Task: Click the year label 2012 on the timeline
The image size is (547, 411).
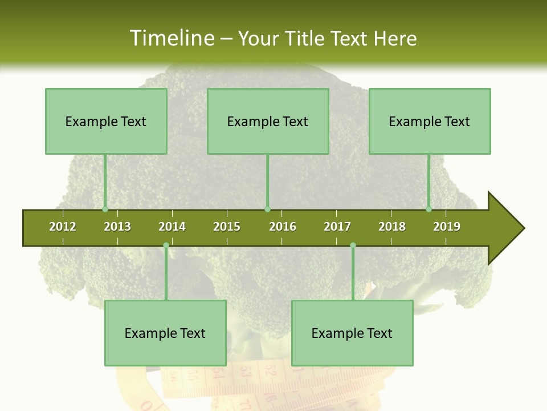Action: pyautogui.click(x=63, y=227)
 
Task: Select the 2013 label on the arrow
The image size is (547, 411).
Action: pyautogui.click(x=117, y=227)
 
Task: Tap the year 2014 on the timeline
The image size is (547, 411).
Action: pyautogui.click(x=172, y=227)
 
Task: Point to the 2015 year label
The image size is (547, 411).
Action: pyautogui.click(x=227, y=227)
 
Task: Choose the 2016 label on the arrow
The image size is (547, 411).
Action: pyautogui.click(x=283, y=227)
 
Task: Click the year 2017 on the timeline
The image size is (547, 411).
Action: pyautogui.click(x=337, y=227)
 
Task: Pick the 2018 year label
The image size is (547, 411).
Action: pyautogui.click(x=392, y=227)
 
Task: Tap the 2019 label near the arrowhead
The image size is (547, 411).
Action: pyautogui.click(x=447, y=227)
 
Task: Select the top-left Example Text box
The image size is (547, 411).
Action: pyautogui.click(x=106, y=121)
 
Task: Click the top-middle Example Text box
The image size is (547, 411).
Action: pyautogui.click(x=268, y=121)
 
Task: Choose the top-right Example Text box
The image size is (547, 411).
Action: pyautogui.click(x=430, y=121)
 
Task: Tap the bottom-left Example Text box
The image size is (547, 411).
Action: pyautogui.click(x=165, y=333)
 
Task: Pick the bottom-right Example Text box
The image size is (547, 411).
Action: pyautogui.click(x=352, y=333)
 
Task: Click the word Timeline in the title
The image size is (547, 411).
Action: pyautogui.click(x=171, y=38)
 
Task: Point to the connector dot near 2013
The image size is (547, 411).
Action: pyautogui.click(x=105, y=209)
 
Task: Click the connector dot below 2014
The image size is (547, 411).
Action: pyautogui.click(x=166, y=245)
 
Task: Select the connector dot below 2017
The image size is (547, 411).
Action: pyautogui.click(x=353, y=245)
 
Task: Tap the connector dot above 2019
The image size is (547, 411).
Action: pyautogui.click(x=428, y=209)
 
